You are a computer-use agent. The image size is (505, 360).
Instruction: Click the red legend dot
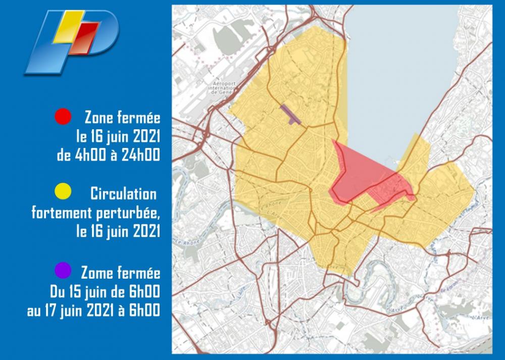pos(62,118)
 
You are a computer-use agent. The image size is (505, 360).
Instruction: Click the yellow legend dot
pos(62,192)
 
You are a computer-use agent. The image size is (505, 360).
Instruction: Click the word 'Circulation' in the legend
pos(124,193)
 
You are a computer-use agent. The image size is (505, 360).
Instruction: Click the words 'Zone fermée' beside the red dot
pos(122,118)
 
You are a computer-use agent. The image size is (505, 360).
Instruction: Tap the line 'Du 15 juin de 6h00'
pos(105,292)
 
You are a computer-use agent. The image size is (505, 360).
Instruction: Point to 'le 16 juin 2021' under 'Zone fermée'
pos(117,137)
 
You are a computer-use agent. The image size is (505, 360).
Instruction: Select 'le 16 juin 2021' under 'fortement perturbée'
pos(117,231)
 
